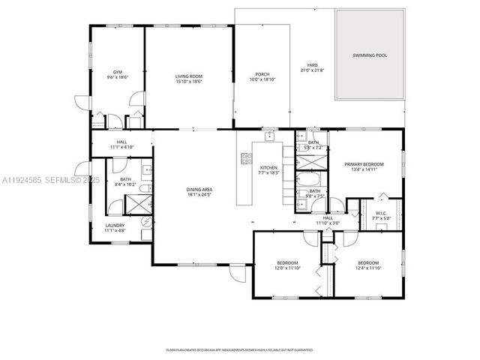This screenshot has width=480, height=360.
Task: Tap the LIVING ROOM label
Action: pyautogui.click(x=189, y=76)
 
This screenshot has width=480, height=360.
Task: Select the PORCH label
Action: pyautogui.click(x=262, y=73)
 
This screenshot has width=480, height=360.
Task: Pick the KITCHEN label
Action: pyautogui.click(x=268, y=167)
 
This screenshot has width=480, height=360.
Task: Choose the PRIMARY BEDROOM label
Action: pyautogui.click(x=364, y=163)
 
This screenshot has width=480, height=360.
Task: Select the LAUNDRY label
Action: pyautogui.click(x=115, y=225)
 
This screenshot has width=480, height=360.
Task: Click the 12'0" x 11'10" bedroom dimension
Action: pyautogui.click(x=287, y=268)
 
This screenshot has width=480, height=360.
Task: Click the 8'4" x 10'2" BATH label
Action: pyautogui.click(x=126, y=184)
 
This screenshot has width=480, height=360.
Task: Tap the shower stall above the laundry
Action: pyautogui.click(x=132, y=202)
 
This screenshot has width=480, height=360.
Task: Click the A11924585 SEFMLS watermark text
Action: pyautogui.click(x=45, y=180)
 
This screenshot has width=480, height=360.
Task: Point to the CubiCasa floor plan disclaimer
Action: pyautogui.click(x=239, y=349)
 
